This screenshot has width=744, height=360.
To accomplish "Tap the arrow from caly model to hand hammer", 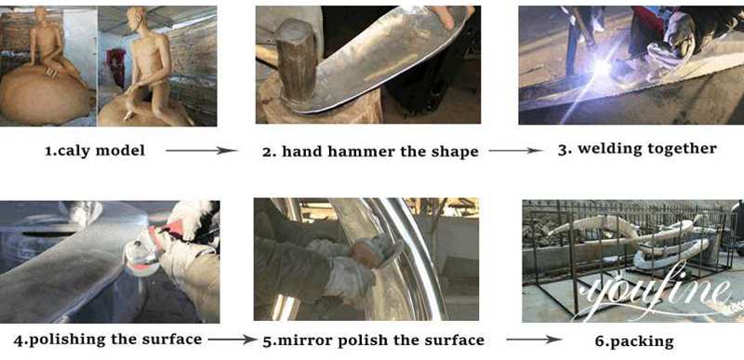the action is [202, 151].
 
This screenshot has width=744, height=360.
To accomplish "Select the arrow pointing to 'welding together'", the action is [516, 151].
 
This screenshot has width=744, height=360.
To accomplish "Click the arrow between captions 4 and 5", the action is [232, 340].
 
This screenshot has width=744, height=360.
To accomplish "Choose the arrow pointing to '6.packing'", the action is [534, 340].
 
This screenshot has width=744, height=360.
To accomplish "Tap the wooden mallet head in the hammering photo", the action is [295, 59].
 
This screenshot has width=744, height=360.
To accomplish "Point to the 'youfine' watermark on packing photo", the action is [654, 290].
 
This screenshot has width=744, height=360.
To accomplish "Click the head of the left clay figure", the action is [42, 15].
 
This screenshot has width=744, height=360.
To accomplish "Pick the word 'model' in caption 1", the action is [120, 151].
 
